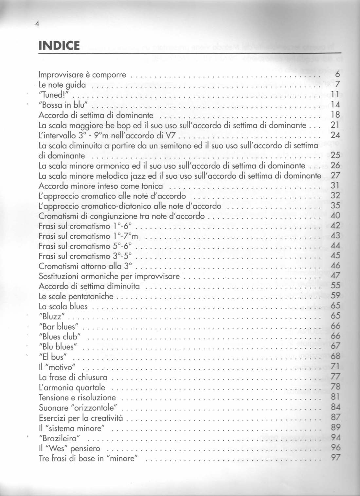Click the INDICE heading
coord(59,46)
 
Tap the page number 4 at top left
coord(38,23)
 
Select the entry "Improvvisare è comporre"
coord(82,75)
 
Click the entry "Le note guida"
coord(62,85)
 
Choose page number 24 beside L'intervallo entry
coord(335,135)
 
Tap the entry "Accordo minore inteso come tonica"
coord(100,186)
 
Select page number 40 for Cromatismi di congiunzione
coord(335,216)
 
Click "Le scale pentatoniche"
coord(76,296)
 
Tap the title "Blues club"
coord(60,336)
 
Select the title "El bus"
coord(53,357)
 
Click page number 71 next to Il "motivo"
coord(335,366)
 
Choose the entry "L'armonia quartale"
coord(72,388)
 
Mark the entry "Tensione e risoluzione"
coord(77,398)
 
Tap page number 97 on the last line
coord(335,458)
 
